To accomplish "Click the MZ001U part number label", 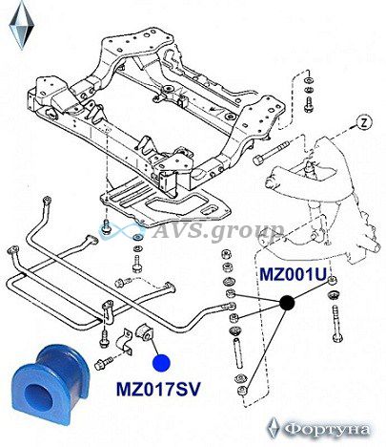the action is [x=294, y=274].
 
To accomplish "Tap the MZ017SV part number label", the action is [x=158, y=389].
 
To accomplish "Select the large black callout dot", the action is [x=287, y=303].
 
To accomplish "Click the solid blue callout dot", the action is [x=161, y=363].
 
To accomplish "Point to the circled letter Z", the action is [x=364, y=122].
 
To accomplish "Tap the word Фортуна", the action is [x=327, y=430].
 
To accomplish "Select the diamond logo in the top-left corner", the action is [x=22, y=25].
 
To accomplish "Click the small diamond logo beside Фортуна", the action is [x=274, y=428].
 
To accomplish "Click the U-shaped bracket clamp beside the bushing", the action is [x=125, y=344].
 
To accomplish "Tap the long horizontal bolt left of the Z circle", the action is [x=271, y=153].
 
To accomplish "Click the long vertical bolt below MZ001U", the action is [x=336, y=323].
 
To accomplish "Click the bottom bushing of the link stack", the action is [x=242, y=391].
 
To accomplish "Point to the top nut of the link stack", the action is [x=226, y=255].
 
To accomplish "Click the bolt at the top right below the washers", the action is [x=308, y=105].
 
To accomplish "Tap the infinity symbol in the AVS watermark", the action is [x=121, y=230].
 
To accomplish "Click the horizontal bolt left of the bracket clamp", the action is [x=104, y=363].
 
